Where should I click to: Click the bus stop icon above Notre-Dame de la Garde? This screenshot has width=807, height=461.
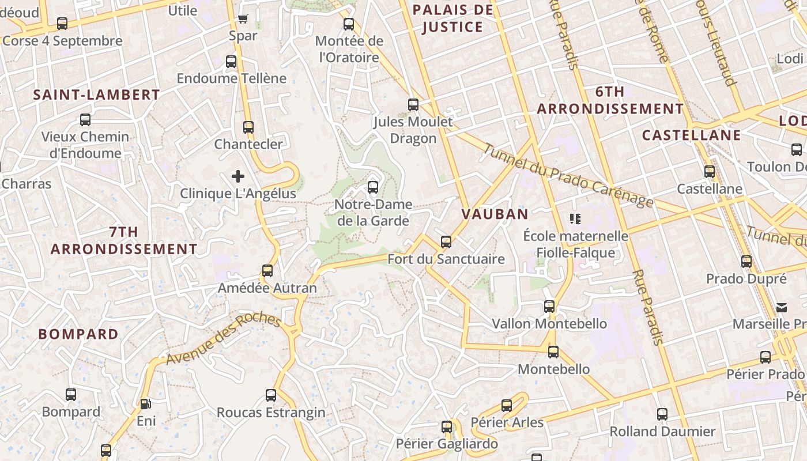372,187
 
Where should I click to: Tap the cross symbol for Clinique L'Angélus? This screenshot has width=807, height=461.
238,176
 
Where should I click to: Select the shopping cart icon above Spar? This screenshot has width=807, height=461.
243,19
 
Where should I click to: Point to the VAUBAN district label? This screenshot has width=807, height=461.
495,214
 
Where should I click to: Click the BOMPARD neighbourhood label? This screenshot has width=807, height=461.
78,334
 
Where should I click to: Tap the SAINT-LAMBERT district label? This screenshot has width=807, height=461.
96,95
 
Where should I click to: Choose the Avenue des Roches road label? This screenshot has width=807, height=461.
223,340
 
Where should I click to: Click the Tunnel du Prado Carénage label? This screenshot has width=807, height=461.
568,175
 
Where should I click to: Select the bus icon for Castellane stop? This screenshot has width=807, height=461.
709,172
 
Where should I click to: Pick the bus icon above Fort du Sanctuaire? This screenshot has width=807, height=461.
446,242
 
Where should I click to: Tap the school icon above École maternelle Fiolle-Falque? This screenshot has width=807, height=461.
575,219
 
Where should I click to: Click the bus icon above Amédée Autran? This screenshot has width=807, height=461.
267,271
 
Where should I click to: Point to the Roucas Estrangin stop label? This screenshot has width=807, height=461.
271,413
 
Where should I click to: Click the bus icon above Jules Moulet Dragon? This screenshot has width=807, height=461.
413,105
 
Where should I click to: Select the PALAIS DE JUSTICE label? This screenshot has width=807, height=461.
453,18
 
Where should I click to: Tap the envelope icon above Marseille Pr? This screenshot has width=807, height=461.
782,307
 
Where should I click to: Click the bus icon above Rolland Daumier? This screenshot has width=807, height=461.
662,414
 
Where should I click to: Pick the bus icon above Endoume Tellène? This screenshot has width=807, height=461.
231,62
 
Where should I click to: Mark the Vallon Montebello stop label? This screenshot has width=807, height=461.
549,324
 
